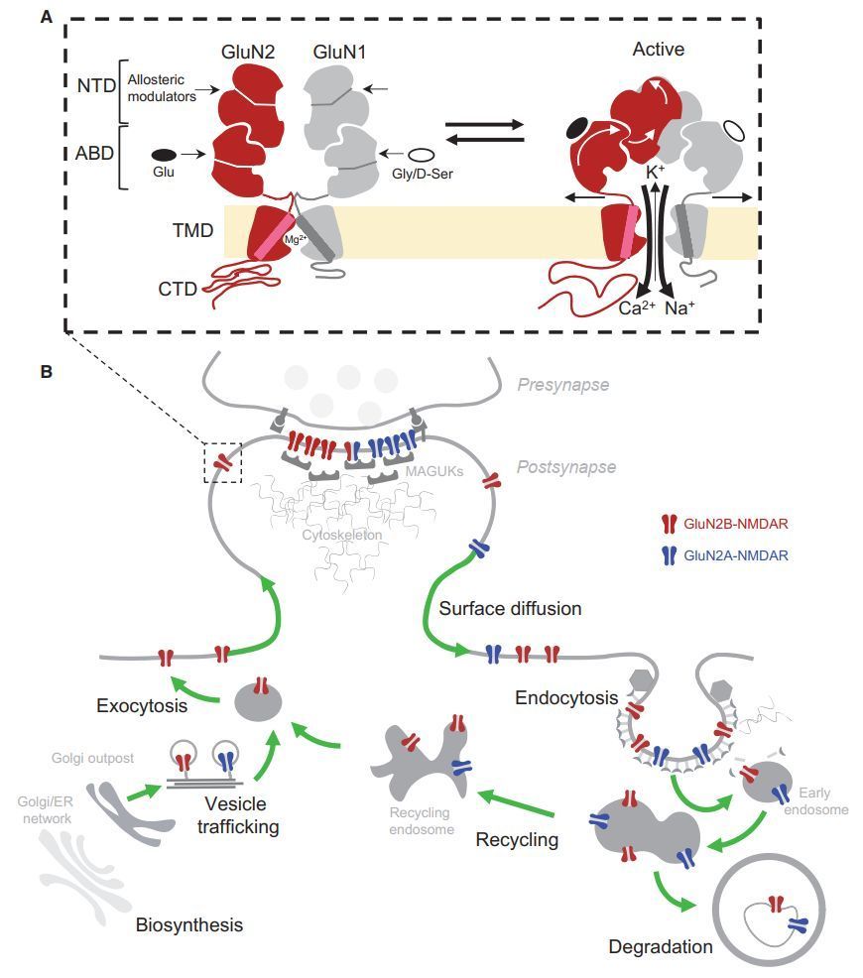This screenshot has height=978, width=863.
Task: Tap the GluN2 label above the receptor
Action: click(x=245, y=53)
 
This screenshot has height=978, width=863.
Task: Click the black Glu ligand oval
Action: click(x=165, y=155)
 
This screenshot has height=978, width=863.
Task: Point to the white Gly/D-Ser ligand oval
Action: click(x=422, y=155)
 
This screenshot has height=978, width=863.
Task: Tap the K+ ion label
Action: click(x=656, y=172)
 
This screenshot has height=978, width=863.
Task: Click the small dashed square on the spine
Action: click(x=222, y=463)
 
